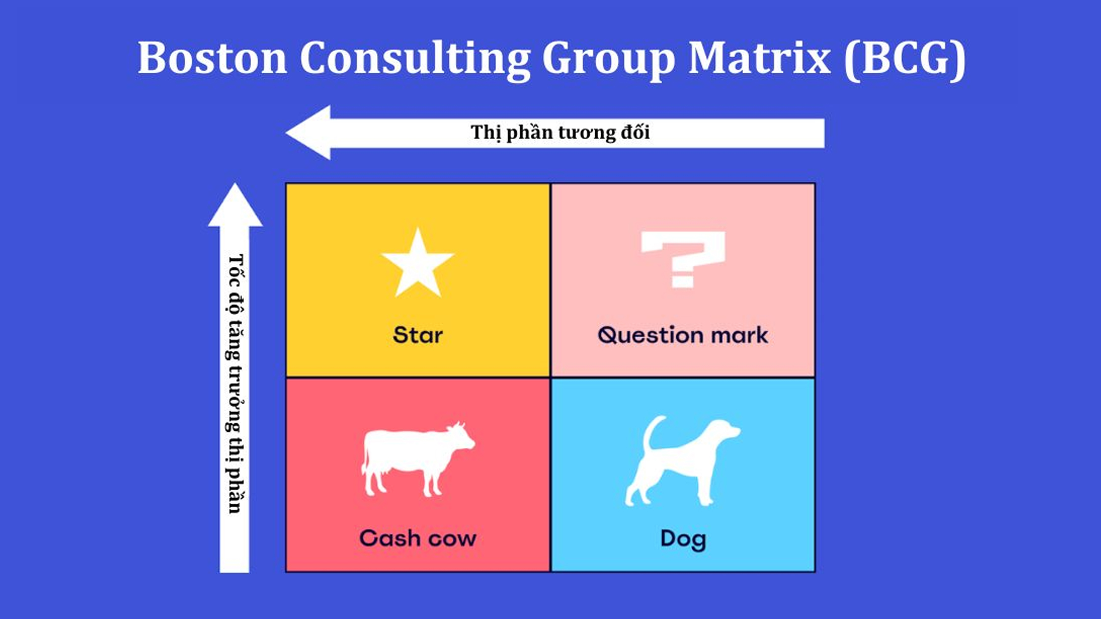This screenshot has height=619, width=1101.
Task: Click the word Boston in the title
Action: click(212, 58)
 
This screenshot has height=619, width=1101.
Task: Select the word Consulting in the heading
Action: click(415, 60)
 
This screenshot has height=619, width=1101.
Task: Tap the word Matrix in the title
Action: click(760, 58)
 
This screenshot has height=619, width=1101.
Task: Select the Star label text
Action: click(418, 335)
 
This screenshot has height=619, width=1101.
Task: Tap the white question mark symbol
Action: click(683, 260)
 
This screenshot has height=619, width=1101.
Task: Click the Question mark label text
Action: click(683, 335)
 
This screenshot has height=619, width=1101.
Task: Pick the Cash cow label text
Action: click(418, 538)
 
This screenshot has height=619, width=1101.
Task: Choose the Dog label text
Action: click(683, 540)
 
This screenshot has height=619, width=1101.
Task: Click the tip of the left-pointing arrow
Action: click(286, 133)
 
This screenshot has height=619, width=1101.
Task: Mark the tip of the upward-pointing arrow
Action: click(235, 184)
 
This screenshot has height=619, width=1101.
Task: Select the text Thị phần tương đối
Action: click(560, 132)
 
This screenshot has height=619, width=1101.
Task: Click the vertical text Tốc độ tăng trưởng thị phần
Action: click(235, 383)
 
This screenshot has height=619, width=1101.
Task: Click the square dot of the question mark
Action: click(683, 282)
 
